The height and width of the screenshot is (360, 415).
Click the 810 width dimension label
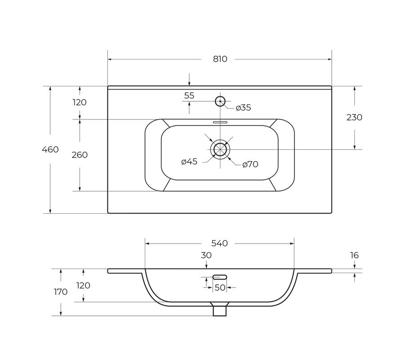[x=220, y=59]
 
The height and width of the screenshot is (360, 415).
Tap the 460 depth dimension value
[x=50, y=150]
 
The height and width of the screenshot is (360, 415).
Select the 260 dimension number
[x=80, y=155]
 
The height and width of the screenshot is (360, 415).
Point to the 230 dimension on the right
[x=354, y=117]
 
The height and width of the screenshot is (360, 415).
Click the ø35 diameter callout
[x=243, y=108]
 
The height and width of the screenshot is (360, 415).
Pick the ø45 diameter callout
[x=189, y=162]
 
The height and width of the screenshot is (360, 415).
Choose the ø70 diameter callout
[x=250, y=164]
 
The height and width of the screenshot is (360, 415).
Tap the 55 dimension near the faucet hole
[x=189, y=95]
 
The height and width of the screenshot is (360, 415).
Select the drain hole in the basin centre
[x=220, y=150]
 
